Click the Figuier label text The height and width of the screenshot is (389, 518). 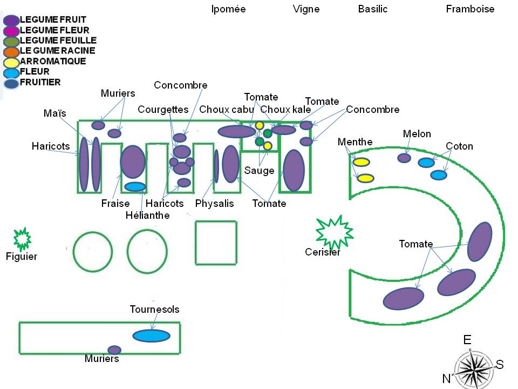click(22, 257)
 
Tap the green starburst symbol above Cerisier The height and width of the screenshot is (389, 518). click(334, 231)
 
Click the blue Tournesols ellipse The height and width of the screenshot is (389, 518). click(155, 336)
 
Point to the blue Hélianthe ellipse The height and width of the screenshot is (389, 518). click(135, 187)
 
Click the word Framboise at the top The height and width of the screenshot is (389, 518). click(470, 9)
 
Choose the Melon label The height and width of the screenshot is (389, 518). click(417, 134)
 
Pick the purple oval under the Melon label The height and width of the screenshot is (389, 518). click(404, 158)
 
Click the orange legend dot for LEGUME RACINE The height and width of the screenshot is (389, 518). click(11, 52)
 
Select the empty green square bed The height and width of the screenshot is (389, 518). click(216, 243)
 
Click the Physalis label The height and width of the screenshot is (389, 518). click(215, 204)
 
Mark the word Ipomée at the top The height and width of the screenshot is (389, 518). click(228, 9)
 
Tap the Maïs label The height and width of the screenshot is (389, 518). click(54, 113)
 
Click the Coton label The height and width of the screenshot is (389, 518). click(459, 146)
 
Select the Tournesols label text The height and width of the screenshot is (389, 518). click(154, 310)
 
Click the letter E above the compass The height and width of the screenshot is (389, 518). click(467, 340)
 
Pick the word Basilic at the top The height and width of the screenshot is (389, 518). click(373, 9)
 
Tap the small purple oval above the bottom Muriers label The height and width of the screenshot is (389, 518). click(114, 350)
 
